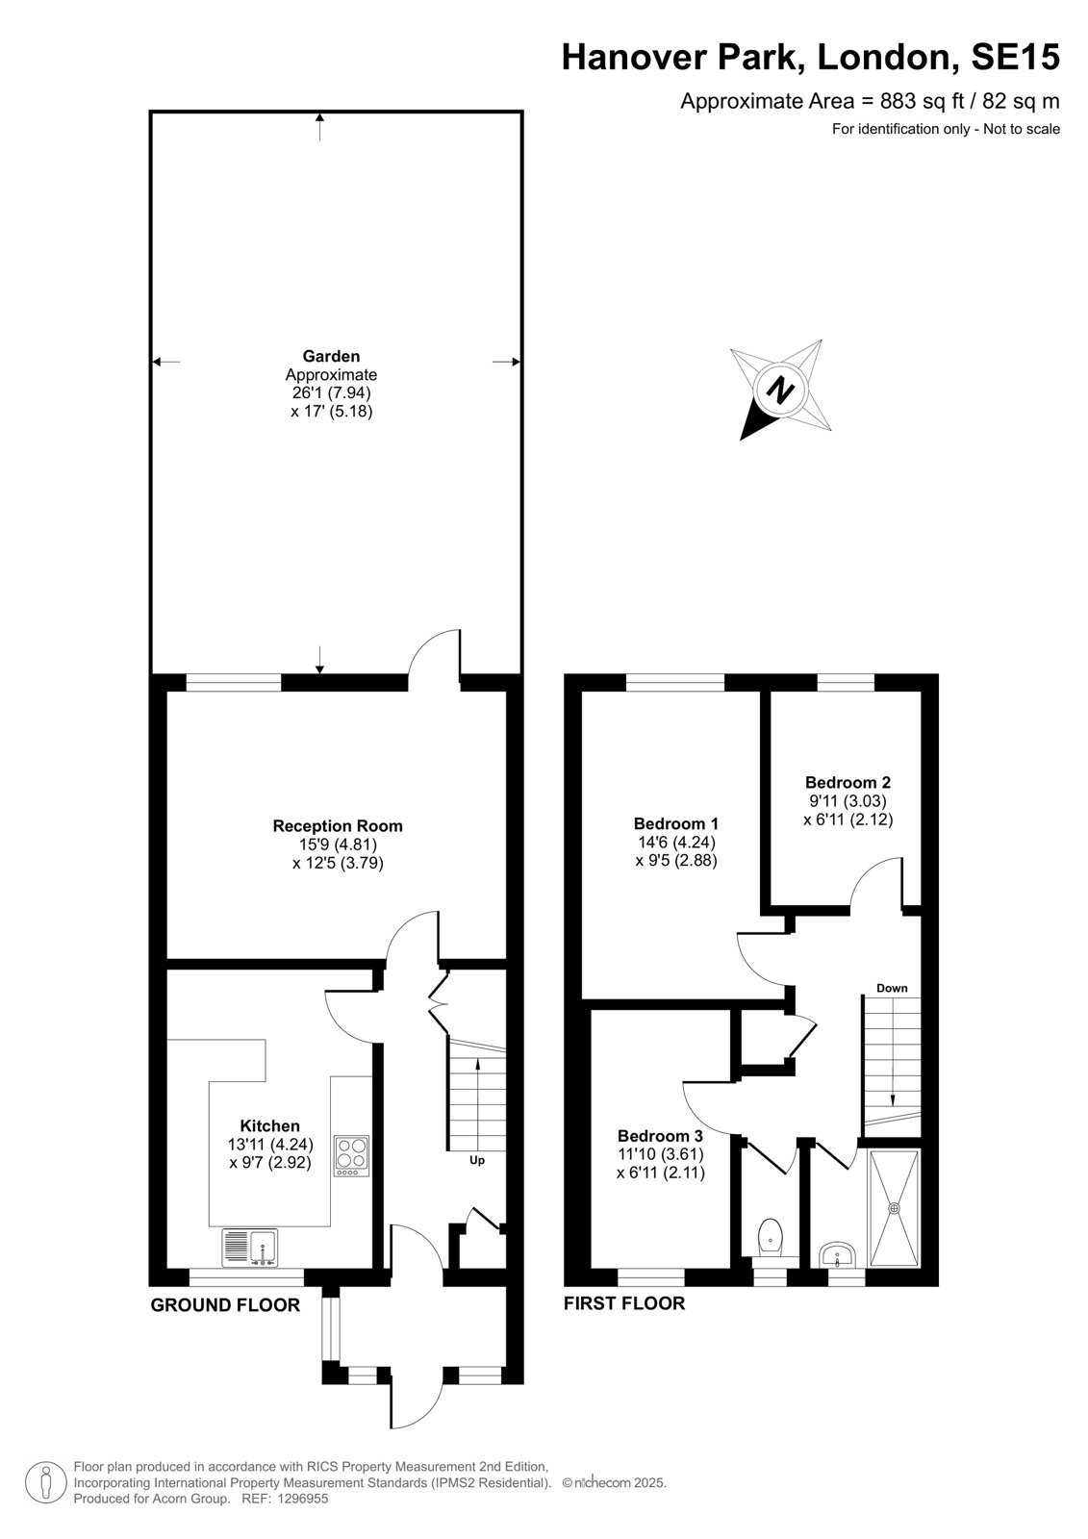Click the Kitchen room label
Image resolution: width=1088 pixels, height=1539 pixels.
pos(269,1126)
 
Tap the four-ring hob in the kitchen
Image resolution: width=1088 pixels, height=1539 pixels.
pos(351,1155)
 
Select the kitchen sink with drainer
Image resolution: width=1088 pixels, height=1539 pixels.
pos(249,1248)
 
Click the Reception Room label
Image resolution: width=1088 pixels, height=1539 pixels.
pos(338,826)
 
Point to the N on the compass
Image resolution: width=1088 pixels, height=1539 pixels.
pos(780,391)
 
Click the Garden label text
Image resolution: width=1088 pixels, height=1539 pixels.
pos(331,356)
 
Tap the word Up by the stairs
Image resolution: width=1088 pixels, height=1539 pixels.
pos(477,1160)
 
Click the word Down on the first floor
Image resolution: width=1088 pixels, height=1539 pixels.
pos(892,988)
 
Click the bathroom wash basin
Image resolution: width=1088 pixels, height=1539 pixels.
pos(837,1254)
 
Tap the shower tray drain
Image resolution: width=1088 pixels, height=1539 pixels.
pos(895,1207)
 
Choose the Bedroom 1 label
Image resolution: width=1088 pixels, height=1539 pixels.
pos(675,823)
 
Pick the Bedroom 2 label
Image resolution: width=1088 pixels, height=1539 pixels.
pos(848,782)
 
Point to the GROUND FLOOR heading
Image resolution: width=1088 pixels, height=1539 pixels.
pos(225,1305)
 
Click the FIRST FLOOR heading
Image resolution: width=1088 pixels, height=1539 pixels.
pos(624,1303)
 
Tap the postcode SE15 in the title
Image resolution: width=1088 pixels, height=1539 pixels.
pos(1015,57)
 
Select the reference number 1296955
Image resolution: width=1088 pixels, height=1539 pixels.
pos(304,1499)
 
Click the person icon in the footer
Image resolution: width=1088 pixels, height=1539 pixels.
pos(46,1482)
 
